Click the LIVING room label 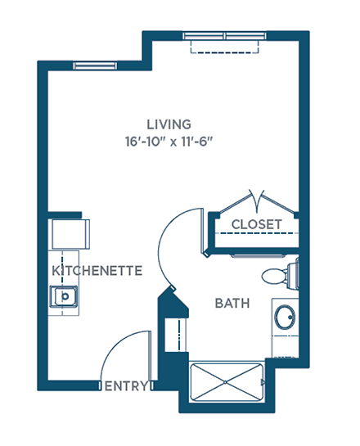(169, 124)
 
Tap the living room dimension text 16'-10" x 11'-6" (169, 142)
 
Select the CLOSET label (257, 224)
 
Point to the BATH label (232, 304)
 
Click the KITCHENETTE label (97, 271)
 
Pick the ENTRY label (126, 386)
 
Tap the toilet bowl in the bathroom (274, 276)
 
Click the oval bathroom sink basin (285, 318)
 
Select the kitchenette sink (64, 296)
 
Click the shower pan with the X (227, 382)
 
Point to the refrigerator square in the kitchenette (71, 234)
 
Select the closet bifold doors (257, 200)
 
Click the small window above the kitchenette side (95, 65)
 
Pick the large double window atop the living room (225, 36)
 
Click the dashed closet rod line (257, 233)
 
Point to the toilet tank (293, 276)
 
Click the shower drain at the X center (226, 382)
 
